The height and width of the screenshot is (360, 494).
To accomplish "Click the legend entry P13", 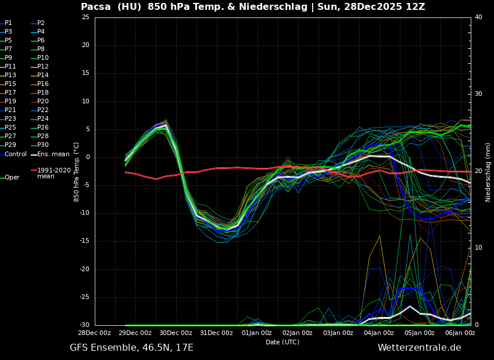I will [10, 75].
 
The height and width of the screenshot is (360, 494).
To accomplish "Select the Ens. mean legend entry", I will [53, 154].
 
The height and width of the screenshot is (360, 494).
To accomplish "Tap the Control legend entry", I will [16, 154].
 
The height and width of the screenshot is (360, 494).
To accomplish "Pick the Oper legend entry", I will [12, 178].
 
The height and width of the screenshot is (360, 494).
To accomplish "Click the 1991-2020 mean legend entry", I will [53, 173].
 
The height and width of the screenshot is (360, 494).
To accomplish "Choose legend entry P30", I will [43, 145].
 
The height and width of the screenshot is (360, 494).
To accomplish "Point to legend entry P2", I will [41, 23].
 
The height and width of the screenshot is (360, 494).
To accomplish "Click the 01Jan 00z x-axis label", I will [257, 333].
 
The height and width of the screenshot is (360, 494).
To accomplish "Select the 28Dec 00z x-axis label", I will [95, 333].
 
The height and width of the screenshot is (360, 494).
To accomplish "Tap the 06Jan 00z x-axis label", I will [460, 333].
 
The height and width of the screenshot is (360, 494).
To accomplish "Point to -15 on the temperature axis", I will [84, 241].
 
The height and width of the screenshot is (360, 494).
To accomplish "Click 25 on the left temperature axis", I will [85, 17].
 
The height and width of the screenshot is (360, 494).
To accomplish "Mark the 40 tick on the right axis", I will [478, 17].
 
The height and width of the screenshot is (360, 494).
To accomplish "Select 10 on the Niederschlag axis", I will [478, 248].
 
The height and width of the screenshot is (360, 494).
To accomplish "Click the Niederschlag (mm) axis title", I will [488, 172].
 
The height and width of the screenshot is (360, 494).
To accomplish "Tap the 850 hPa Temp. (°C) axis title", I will [77, 172].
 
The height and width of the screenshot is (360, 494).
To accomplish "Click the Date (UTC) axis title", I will [282, 342].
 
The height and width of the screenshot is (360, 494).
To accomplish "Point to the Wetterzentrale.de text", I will [419, 348].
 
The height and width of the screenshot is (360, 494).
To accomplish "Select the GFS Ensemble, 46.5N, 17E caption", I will [131, 348].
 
